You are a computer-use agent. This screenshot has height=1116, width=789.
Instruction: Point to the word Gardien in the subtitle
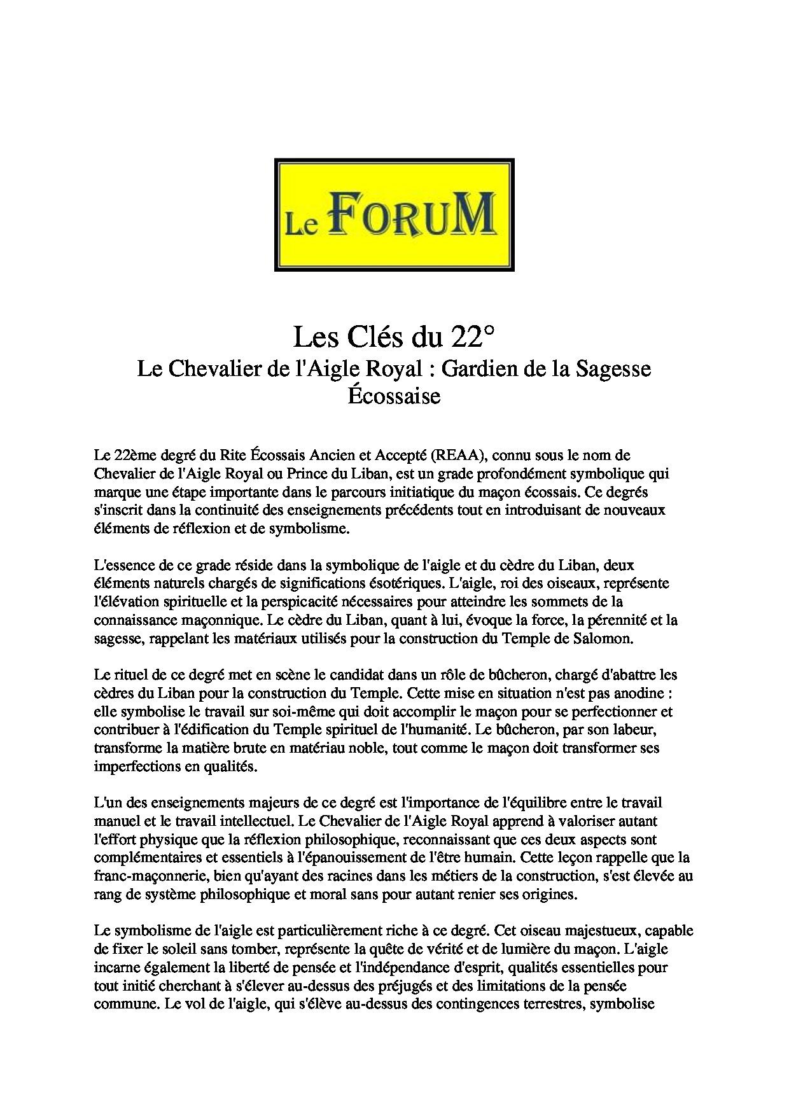coord(483,369)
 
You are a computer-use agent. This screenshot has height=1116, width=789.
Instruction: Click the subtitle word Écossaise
coord(394,396)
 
